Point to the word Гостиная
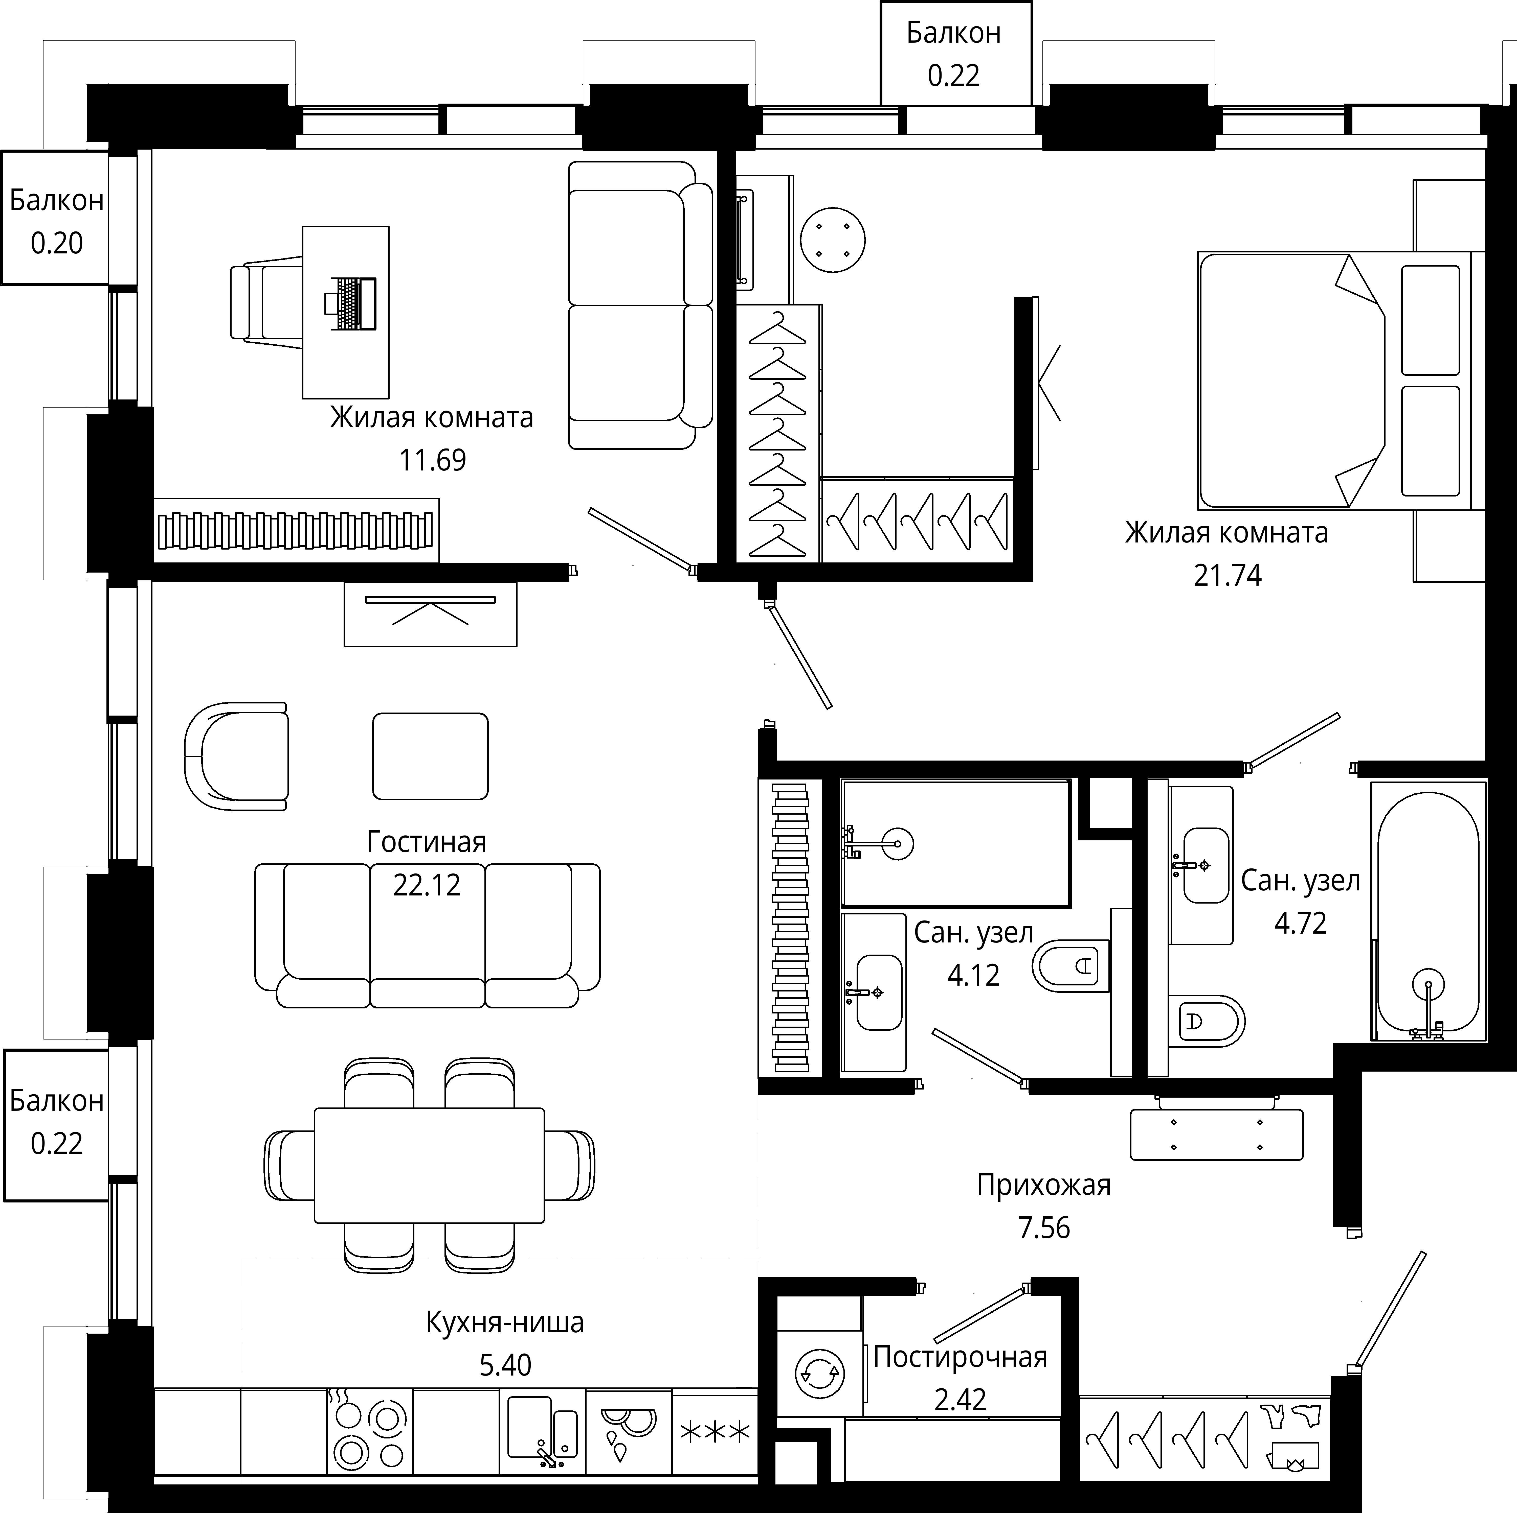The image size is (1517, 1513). pyautogui.click(x=426, y=842)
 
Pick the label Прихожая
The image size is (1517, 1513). pyautogui.click(x=1043, y=1185)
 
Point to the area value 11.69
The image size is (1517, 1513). pyautogui.click(x=432, y=460)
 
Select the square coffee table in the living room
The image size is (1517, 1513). pyautogui.click(x=430, y=756)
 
